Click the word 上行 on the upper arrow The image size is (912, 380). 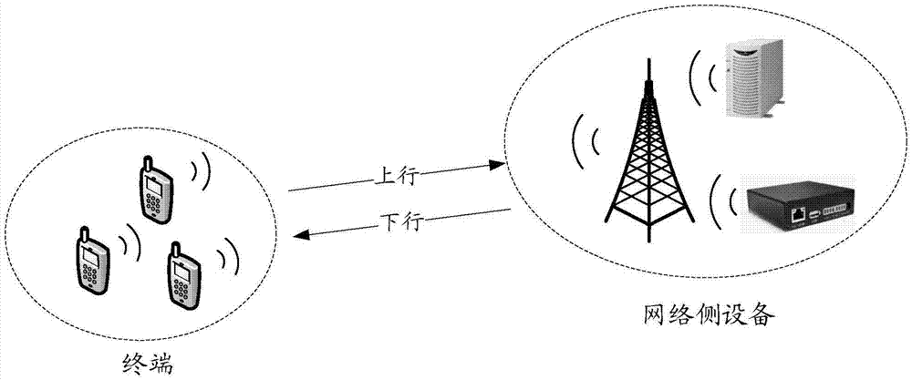pos(395,176)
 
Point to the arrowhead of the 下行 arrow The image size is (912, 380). pos(297,235)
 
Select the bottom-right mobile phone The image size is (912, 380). pos(182,276)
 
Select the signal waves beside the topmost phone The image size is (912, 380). pos(200,173)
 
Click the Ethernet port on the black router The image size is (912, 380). pos(798,215)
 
